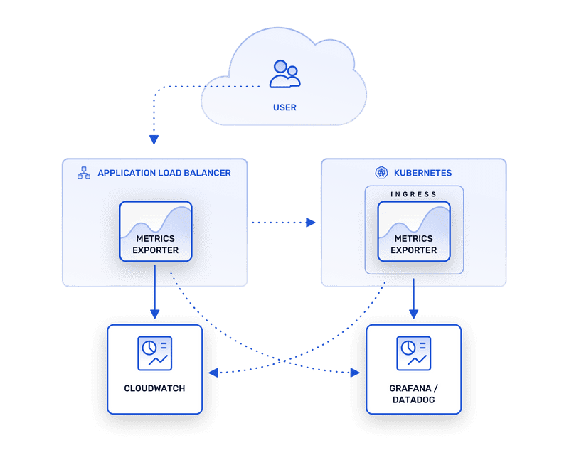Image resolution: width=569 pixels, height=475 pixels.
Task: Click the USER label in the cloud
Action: pos(284,107)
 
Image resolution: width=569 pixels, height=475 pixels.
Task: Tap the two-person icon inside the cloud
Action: pos(284,73)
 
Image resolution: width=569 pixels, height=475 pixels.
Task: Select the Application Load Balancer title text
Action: pos(164,173)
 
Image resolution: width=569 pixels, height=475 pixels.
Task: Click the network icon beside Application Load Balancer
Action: pos(84,173)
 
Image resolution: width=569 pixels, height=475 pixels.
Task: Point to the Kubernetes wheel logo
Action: pos(381,173)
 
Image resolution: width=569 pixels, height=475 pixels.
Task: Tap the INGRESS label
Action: pos(414,194)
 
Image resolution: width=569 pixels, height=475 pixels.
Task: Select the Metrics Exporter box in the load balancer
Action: pos(156,230)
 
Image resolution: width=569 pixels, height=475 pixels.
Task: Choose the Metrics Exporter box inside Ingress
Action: pos(414,230)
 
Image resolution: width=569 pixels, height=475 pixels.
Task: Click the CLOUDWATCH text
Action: pos(154,388)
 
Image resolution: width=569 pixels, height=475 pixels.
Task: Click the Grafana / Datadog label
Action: pos(413,395)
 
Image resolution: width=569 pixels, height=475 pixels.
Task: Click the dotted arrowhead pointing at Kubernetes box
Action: pos(311,223)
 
